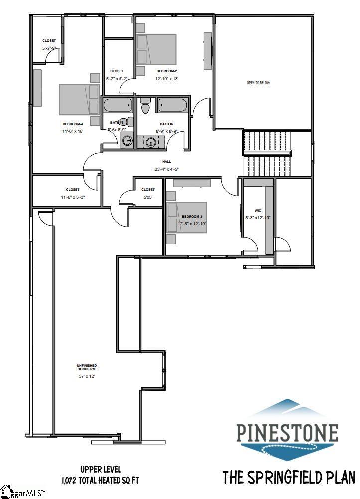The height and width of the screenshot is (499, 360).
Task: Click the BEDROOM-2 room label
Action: coord(166,71)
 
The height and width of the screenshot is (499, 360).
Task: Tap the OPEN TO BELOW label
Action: coord(258,83)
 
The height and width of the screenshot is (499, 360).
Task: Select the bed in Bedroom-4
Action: coord(79,99)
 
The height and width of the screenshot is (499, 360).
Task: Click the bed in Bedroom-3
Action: coord(186,217)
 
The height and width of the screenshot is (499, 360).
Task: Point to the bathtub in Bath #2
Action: coord(172,106)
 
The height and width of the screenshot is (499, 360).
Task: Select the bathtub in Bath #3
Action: coord(118,106)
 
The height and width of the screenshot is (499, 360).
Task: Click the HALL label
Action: coord(166,162)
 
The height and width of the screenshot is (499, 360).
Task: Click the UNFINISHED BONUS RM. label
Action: coord(86,368)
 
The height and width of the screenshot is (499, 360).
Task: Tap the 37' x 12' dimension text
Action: coord(86,376)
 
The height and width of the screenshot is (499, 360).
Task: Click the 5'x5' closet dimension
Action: coord(148,197)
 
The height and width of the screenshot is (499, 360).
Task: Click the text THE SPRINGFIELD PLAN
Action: coord(288,477)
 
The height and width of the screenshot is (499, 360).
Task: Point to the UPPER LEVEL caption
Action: coord(100,469)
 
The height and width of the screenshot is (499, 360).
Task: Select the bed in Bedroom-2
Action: coord(156,49)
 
